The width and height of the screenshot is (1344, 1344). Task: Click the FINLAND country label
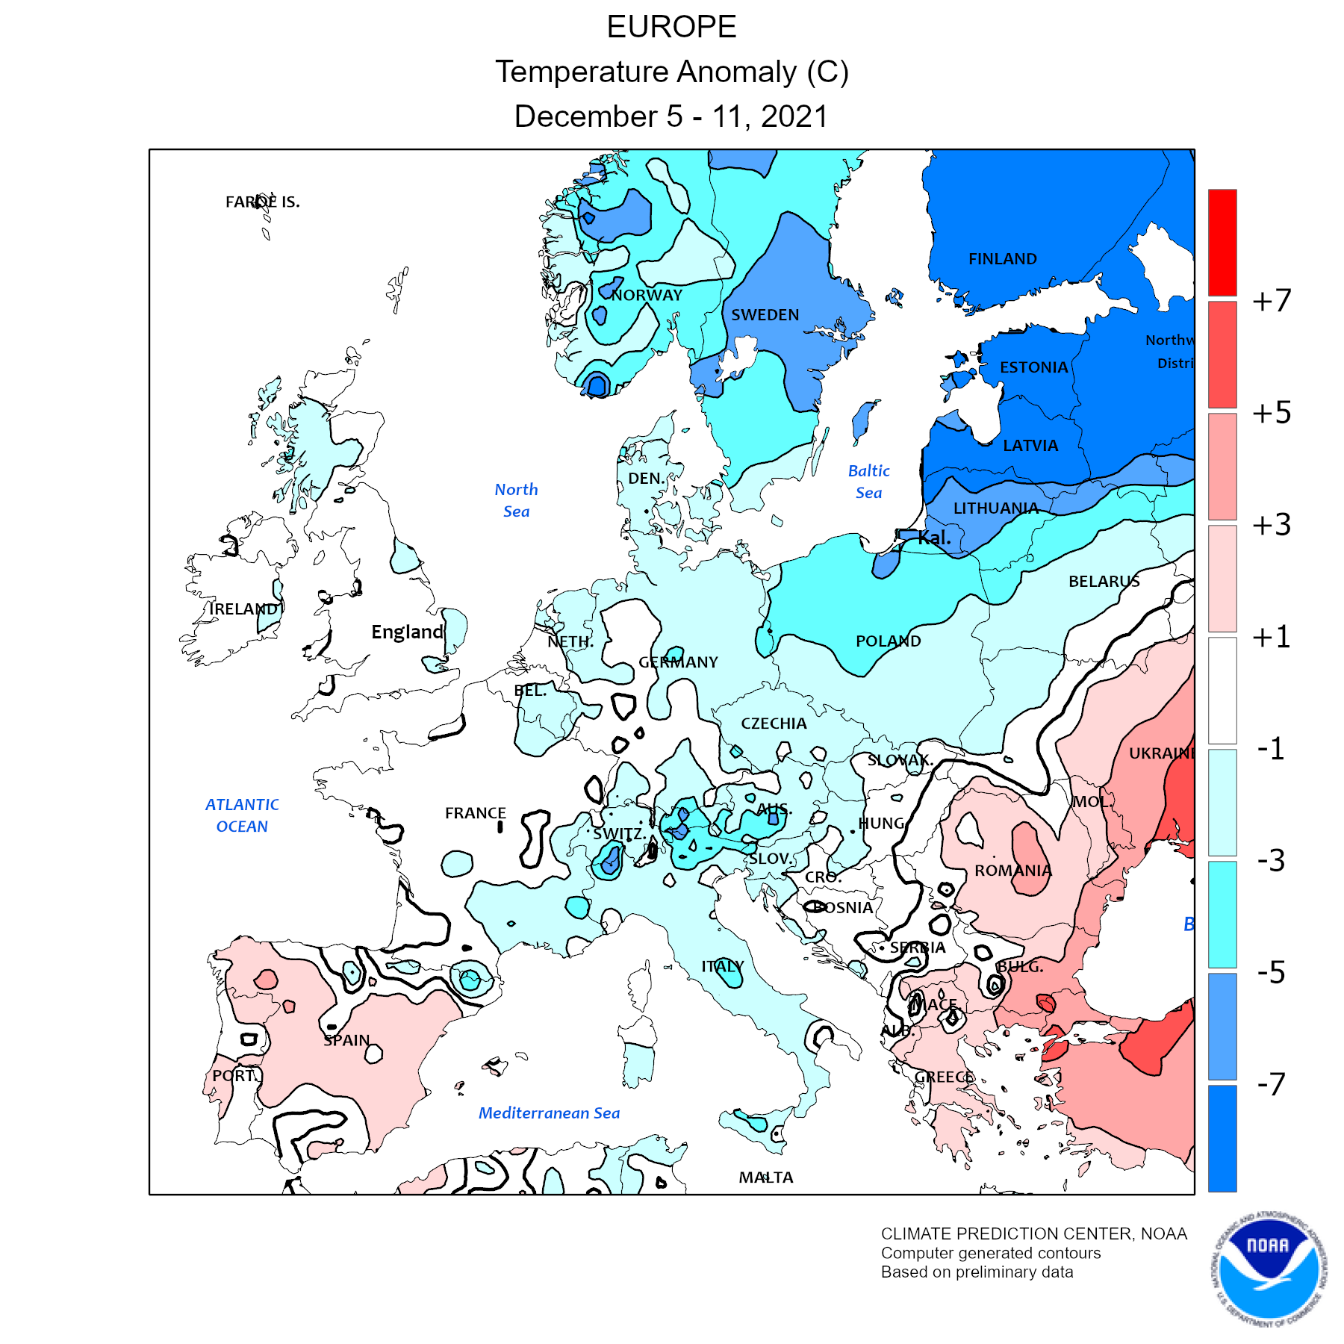[x=1002, y=259]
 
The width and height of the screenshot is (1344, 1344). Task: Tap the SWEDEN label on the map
[x=765, y=315]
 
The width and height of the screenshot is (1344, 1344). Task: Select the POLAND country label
[x=888, y=641]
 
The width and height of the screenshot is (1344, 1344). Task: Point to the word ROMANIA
[x=1012, y=871]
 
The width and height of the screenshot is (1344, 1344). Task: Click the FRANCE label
[x=475, y=813]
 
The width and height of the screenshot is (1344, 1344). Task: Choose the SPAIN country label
[x=346, y=1040]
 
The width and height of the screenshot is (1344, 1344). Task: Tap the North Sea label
[x=516, y=500]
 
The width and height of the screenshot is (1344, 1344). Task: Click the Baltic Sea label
[x=868, y=482]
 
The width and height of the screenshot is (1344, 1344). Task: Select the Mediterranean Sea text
[x=549, y=1113]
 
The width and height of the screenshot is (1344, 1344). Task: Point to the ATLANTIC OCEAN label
[x=242, y=815]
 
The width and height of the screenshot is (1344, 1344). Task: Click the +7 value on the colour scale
[x=1272, y=301]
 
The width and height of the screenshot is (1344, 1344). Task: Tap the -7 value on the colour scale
[x=1272, y=1084]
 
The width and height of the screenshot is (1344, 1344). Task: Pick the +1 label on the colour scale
[x=1272, y=637]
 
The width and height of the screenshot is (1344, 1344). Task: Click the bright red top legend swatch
[x=1222, y=242]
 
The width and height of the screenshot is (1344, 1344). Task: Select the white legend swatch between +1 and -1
[x=1222, y=690]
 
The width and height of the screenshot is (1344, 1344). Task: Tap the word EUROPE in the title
[x=671, y=28]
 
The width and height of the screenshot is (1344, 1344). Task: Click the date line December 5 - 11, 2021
[x=671, y=117]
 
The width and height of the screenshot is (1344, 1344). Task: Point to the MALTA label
[x=765, y=1177]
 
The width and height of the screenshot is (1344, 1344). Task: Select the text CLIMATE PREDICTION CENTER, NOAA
[x=1033, y=1234]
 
